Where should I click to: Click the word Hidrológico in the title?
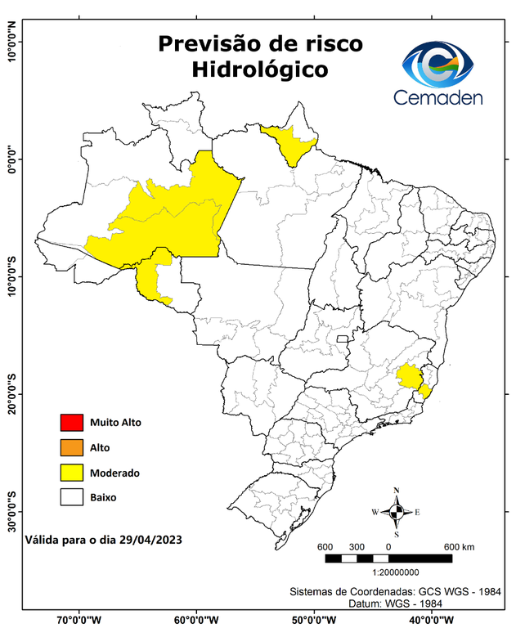[x=260, y=70]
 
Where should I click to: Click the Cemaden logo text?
[x=438, y=97]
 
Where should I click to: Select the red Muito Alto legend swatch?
[x=71, y=423]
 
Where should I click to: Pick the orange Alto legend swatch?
[x=71, y=447]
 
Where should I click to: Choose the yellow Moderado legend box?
[x=71, y=472]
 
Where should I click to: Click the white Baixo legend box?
[x=71, y=496]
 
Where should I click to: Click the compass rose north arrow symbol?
[x=396, y=512]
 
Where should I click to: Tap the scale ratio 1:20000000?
[x=397, y=573]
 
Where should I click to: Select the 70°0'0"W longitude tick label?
[x=79, y=619]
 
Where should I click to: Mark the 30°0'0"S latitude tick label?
[x=11, y=511]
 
